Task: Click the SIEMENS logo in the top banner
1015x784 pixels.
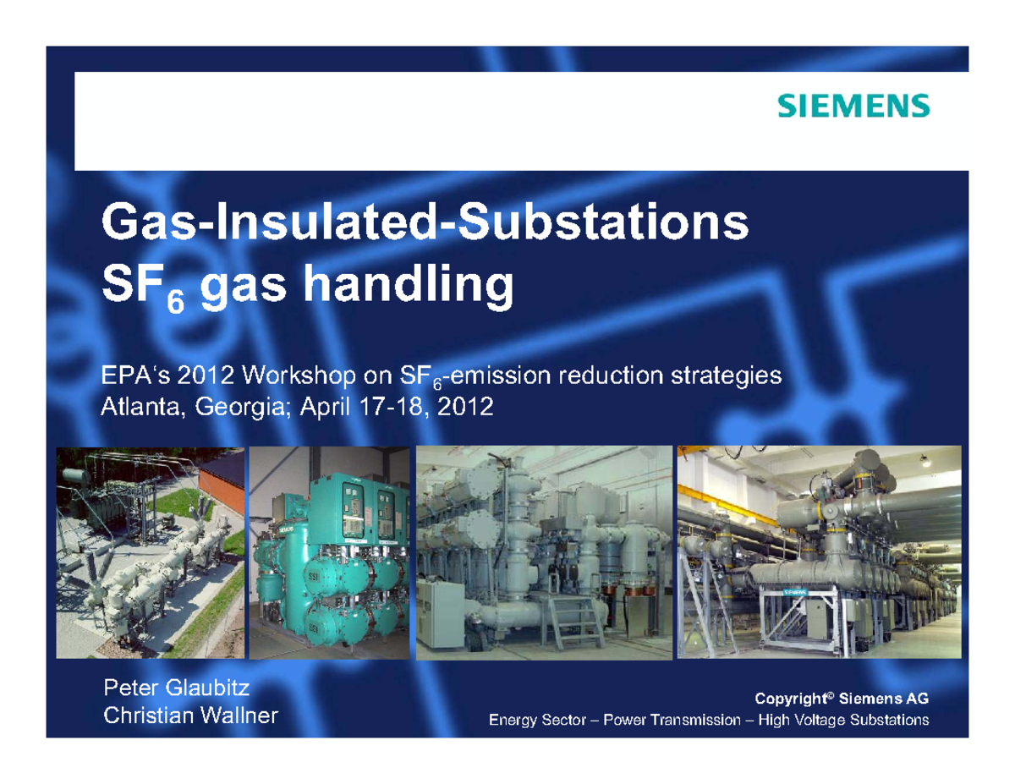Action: click(853, 106)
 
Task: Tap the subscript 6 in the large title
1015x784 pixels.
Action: click(174, 301)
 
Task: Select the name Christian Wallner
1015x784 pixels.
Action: click(190, 716)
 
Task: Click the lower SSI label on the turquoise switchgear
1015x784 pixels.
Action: click(312, 626)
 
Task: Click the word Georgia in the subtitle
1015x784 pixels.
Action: click(238, 408)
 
